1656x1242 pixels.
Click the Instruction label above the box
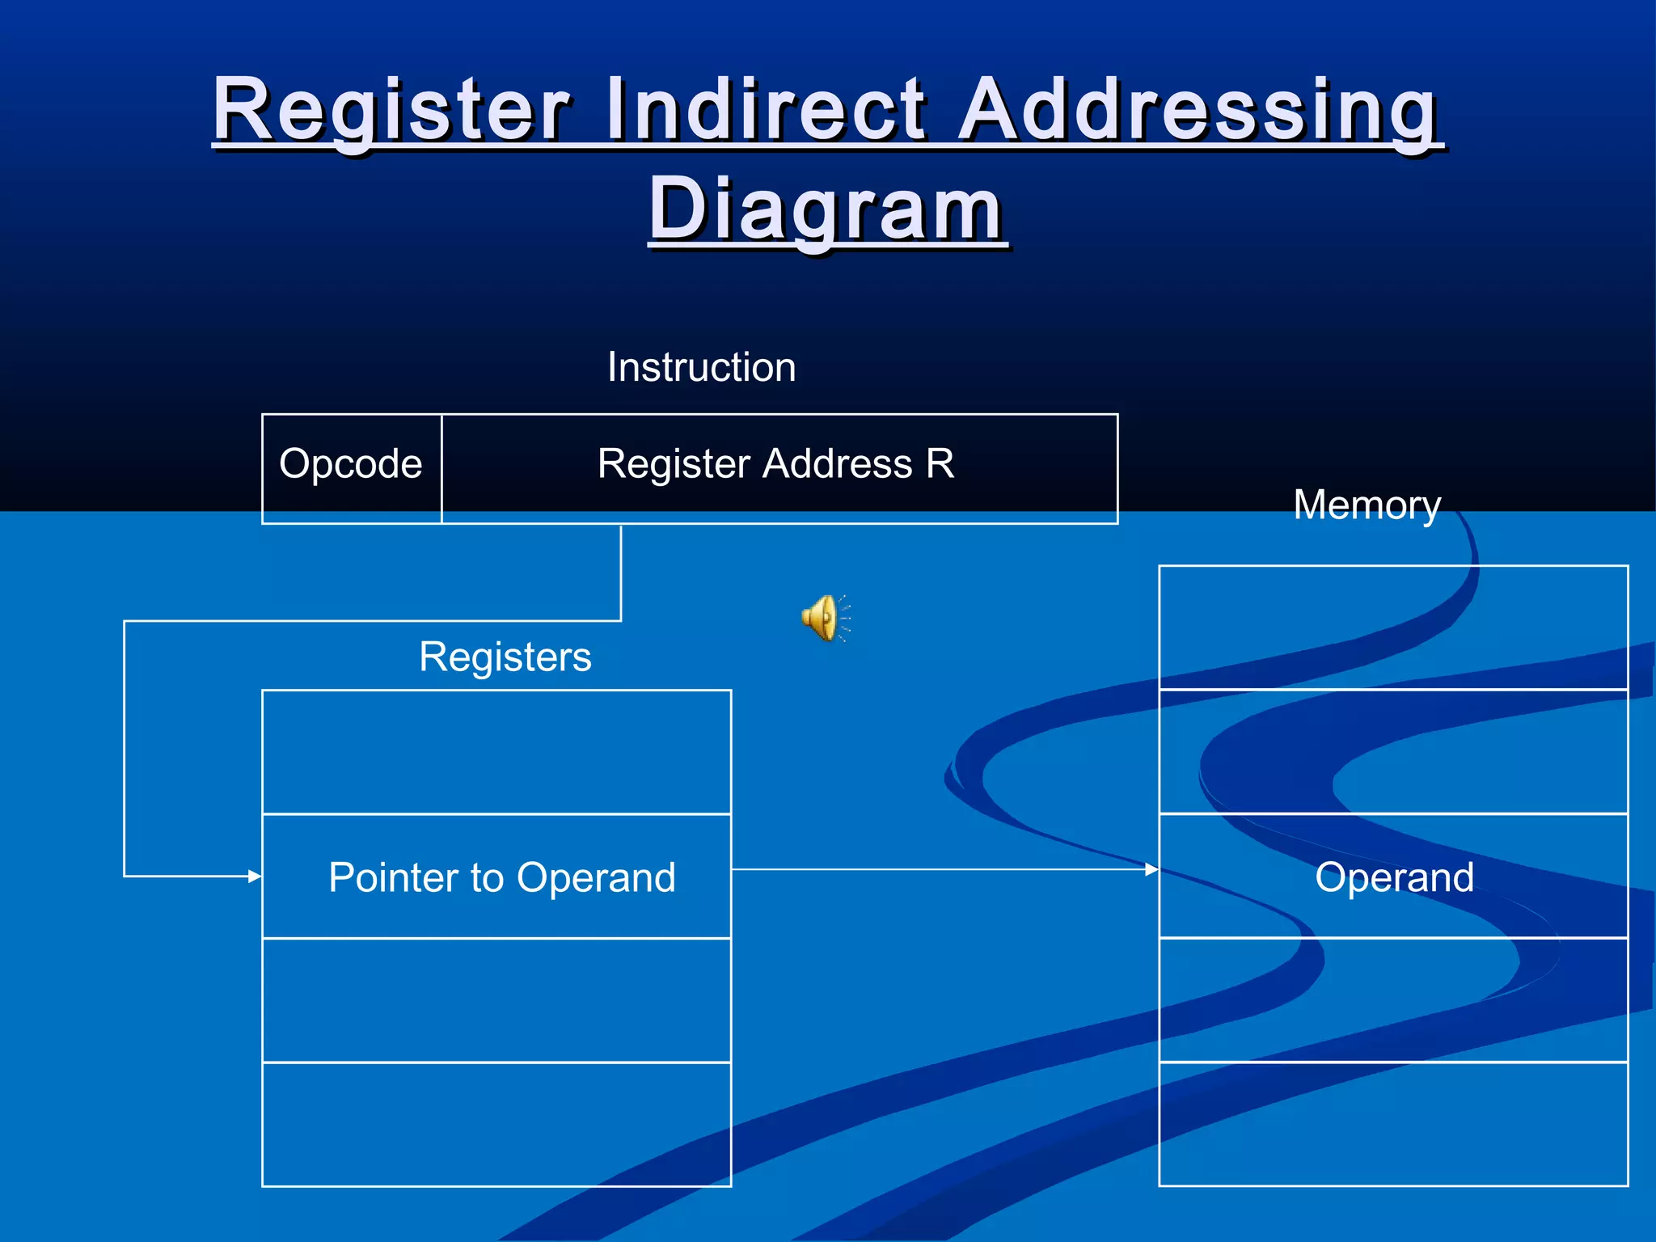[x=701, y=367]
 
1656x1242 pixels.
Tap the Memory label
[x=1367, y=505]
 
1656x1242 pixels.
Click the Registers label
[x=505, y=656]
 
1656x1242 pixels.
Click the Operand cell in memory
[x=1393, y=877]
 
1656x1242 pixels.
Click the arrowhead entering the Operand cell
[x=1151, y=869]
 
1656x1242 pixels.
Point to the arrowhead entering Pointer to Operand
[x=255, y=876]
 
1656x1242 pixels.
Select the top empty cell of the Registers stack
[x=496, y=752]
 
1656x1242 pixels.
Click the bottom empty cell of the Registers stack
[x=496, y=1124]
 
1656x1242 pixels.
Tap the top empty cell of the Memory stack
[x=1392, y=627]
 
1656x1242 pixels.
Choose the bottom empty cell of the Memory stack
[x=1392, y=1124]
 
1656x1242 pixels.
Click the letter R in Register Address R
[x=940, y=464]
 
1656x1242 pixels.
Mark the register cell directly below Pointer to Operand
[x=496, y=1000]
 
